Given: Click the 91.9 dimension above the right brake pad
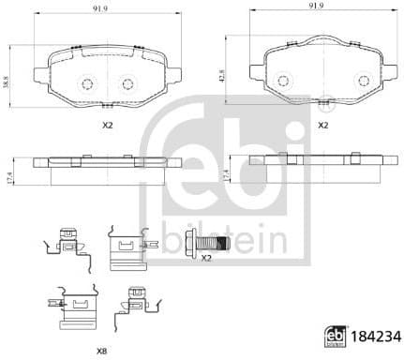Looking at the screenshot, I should [x=307, y=7].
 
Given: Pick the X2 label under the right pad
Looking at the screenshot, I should [x=322, y=124].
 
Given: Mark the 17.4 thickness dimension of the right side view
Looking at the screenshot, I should [x=224, y=175].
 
